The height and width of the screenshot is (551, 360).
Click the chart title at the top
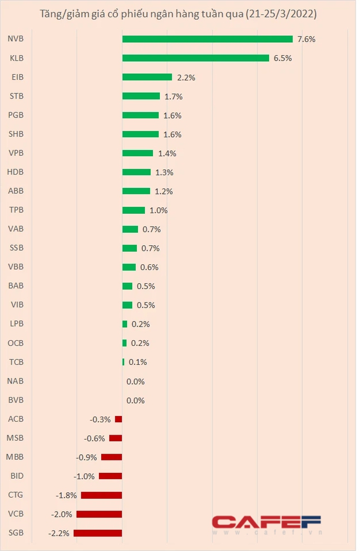(178, 14)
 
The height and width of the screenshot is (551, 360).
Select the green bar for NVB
(207, 39)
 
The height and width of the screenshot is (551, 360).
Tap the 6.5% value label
(282, 58)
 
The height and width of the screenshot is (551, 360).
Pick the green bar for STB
(141, 96)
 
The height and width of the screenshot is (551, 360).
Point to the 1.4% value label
(166, 153)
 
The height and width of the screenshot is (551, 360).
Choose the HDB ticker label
(16, 172)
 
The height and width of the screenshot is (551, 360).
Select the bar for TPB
(133, 210)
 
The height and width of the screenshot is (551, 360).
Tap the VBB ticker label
(16, 267)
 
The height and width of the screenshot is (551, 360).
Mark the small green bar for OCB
(124, 343)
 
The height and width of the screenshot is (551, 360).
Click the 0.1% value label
(138, 362)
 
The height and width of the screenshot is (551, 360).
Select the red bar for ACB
(118, 419)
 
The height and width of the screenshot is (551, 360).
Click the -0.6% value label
(94, 438)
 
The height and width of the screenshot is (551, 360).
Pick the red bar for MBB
(111, 457)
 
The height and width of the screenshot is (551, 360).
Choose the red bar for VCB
(99, 514)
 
